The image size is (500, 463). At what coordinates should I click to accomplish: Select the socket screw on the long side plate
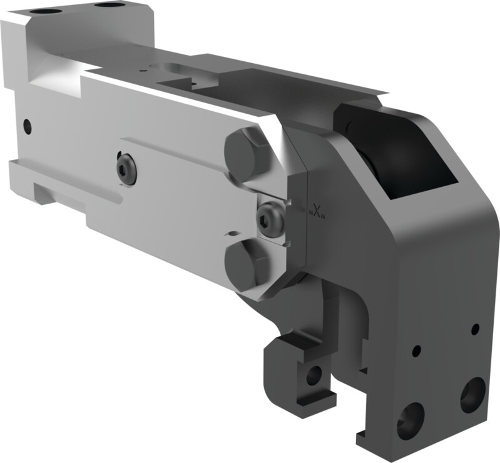(x=126, y=168)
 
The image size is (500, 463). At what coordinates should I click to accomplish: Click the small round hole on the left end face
(x=27, y=126)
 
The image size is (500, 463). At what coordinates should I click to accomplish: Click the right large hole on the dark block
(x=472, y=394)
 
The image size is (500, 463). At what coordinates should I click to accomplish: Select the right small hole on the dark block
(x=475, y=329)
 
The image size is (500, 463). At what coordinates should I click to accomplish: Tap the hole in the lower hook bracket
(x=314, y=375)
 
